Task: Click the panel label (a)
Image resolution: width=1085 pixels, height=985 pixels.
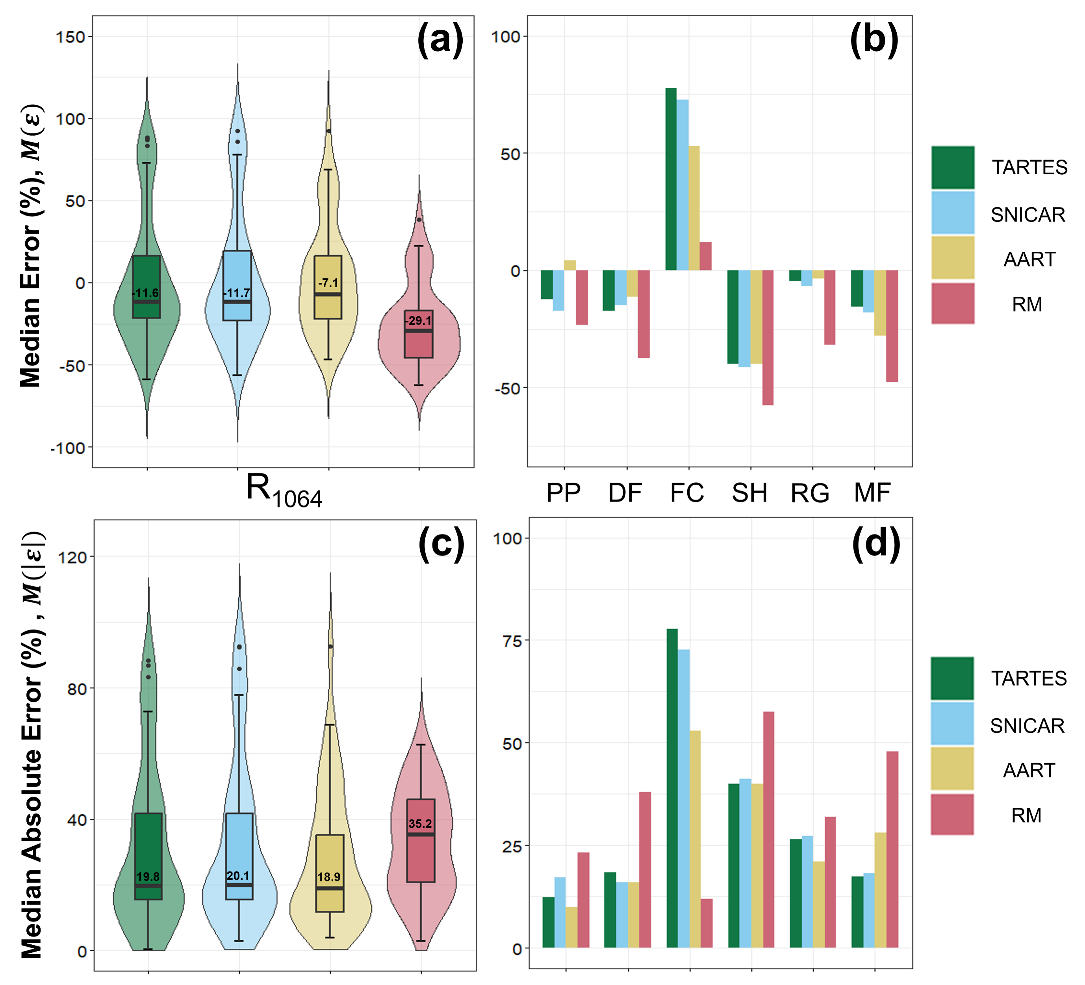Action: tap(440, 41)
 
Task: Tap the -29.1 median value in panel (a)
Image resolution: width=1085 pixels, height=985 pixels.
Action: tap(419, 321)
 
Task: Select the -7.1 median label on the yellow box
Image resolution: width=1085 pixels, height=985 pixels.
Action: tap(328, 283)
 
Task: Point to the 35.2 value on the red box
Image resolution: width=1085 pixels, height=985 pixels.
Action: tap(420, 823)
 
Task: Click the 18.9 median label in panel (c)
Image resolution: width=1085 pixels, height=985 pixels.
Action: tap(329, 877)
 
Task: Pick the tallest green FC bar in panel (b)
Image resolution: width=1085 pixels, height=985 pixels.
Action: tap(671, 179)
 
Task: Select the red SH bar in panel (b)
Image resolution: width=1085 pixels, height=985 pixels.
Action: tap(768, 337)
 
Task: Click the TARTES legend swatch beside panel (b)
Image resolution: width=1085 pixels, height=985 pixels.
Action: tap(953, 167)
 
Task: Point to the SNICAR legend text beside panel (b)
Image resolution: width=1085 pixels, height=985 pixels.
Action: tap(1028, 215)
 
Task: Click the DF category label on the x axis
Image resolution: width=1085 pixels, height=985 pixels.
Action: tap(625, 492)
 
